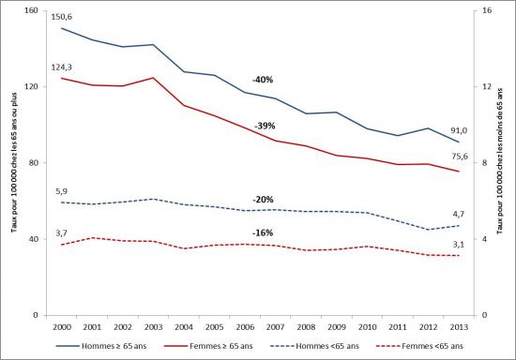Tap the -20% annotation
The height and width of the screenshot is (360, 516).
coord(264,200)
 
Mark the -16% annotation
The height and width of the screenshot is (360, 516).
coord(264,232)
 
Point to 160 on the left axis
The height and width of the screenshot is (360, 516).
coord(28,11)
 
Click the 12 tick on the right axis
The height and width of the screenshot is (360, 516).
coord(486,87)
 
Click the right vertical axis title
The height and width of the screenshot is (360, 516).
coord(504,163)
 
